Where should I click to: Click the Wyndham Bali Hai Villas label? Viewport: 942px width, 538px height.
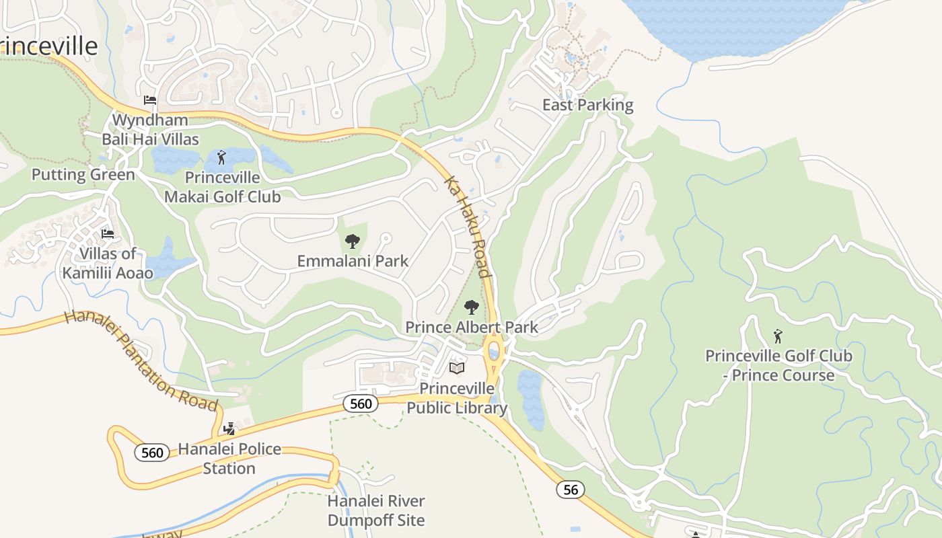click(x=150, y=130)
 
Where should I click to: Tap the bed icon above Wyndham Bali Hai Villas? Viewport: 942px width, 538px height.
click(x=150, y=100)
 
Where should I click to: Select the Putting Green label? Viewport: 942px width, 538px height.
click(x=83, y=175)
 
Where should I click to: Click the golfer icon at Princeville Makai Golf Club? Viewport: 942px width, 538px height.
click(x=222, y=158)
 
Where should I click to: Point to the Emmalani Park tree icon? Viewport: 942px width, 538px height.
click(x=352, y=241)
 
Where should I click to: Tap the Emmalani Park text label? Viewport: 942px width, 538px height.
click(x=353, y=261)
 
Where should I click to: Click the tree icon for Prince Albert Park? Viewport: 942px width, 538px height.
click(x=472, y=308)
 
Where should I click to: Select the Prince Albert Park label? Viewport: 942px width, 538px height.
click(x=471, y=328)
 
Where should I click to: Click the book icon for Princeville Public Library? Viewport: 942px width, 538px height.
click(x=457, y=368)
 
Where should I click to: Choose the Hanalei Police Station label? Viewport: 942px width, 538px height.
click(x=229, y=459)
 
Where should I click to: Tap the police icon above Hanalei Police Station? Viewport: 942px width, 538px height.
click(x=229, y=429)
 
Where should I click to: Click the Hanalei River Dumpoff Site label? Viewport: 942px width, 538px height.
click(x=376, y=510)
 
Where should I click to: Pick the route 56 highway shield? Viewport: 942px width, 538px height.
click(x=571, y=490)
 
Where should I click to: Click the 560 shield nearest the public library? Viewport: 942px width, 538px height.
click(x=361, y=403)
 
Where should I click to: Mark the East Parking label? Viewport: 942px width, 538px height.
click(x=587, y=105)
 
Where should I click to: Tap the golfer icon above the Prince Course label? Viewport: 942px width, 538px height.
click(x=778, y=336)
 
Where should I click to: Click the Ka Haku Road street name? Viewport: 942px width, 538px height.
click(x=466, y=227)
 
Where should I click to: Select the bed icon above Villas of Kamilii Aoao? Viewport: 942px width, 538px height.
click(x=108, y=234)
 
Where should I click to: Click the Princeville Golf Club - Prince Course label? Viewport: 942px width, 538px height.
click(x=778, y=365)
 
